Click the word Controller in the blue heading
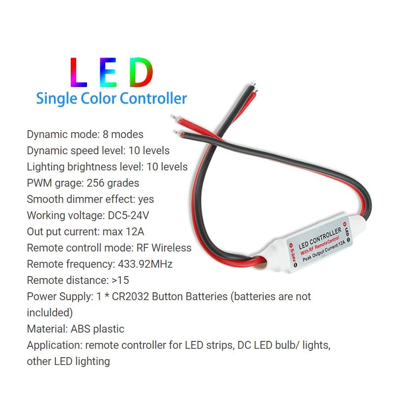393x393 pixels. point(153,98)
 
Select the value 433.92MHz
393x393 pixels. point(145,264)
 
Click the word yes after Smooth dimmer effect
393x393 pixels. point(146,199)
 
